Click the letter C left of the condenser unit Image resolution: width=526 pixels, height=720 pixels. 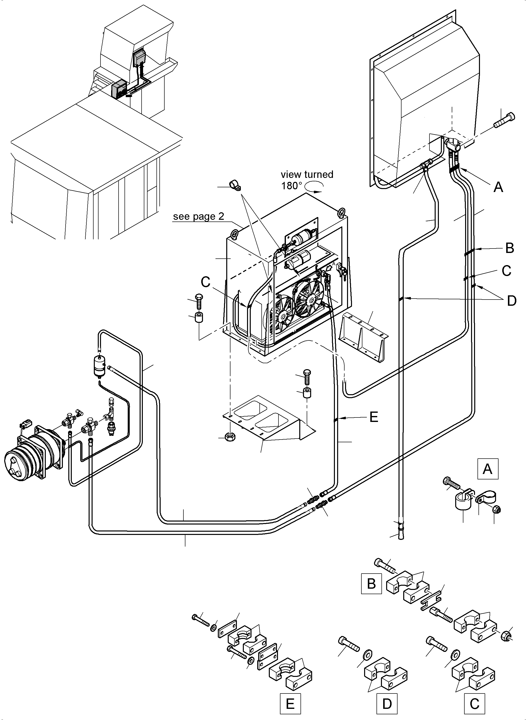click(206, 282)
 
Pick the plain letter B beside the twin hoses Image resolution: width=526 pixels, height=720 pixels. click(510, 248)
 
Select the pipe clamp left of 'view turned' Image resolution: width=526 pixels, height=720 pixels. click(236, 186)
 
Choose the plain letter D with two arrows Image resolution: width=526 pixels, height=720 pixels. click(511, 300)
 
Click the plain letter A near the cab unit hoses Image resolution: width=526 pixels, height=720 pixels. click(498, 187)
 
